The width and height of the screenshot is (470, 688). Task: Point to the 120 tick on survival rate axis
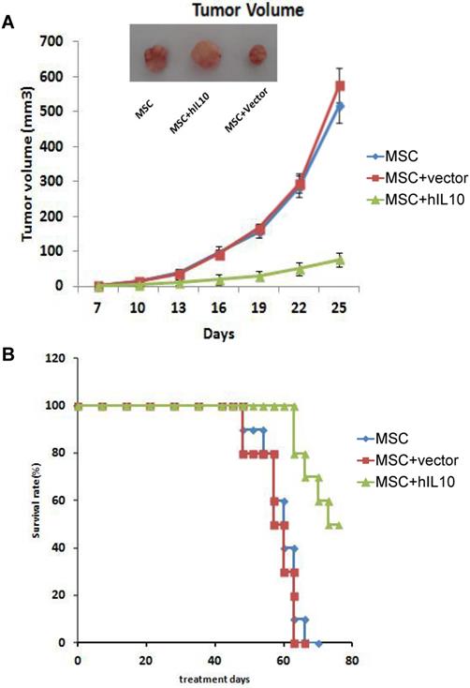(x=59, y=358)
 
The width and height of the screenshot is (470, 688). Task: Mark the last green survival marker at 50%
(x=338, y=525)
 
